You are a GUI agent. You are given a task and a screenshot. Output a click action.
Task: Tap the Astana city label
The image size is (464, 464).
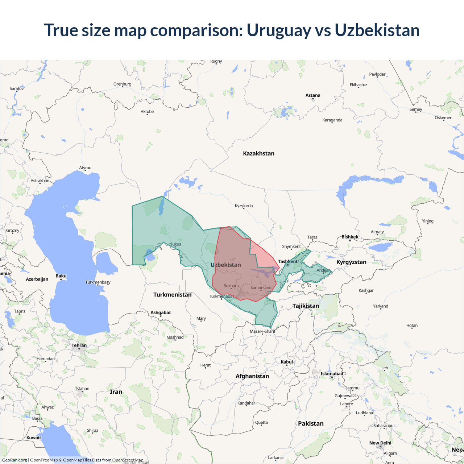pyautogui.click(x=313, y=95)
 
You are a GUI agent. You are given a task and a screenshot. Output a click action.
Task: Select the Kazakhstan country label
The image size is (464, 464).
pyautogui.click(x=258, y=153)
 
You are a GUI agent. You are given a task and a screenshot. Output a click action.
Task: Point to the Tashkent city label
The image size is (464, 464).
pyautogui.click(x=287, y=261)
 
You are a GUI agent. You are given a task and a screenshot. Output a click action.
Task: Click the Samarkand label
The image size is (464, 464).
pyautogui.click(x=261, y=287)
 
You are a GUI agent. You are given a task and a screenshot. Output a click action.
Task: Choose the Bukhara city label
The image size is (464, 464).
pyautogui.click(x=231, y=286)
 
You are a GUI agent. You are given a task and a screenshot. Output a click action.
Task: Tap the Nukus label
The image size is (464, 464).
pyautogui.click(x=175, y=244)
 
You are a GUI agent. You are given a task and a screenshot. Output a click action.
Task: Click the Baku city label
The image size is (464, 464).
pyautogui.click(x=61, y=276)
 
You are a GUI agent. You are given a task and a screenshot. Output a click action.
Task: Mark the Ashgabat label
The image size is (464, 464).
pyautogui.click(x=161, y=312)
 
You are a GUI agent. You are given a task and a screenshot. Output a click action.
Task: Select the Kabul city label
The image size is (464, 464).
pyautogui.click(x=286, y=362)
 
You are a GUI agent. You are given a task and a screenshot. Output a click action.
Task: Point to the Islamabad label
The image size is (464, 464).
pyautogui.click(x=331, y=374)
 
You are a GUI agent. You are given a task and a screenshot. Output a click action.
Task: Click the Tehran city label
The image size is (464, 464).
pyautogui.click(x=79, y=345)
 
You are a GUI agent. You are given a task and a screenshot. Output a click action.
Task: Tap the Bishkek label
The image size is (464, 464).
pyautogui.click(x=350, y=237)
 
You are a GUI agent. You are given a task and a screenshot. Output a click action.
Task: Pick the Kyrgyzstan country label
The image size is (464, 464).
pyautogui.click(x=351, y=262)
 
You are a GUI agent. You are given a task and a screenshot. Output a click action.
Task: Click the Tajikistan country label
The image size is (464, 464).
pyautogui.click(x=306, y=306)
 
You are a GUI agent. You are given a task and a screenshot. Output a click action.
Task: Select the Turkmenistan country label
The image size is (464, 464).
pyautogui.click(x=172, y=295)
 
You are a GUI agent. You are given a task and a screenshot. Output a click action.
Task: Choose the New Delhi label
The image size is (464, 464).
pyautogui.click(x=380, y=443)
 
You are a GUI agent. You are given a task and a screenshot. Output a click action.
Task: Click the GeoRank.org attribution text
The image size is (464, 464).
pyautogui.click(x=14, y=460)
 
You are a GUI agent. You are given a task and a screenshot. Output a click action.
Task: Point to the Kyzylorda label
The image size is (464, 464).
pyautogui.click(x=244, y=206)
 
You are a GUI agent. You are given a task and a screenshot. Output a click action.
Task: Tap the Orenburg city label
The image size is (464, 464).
pyautogui.click(x=122, y=84)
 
